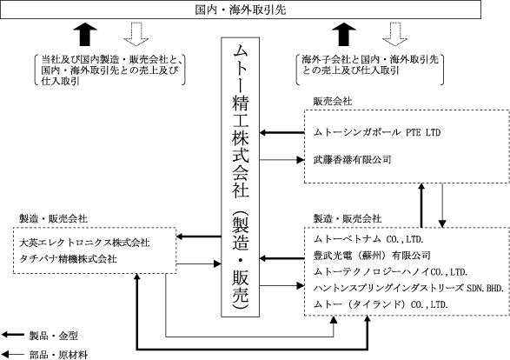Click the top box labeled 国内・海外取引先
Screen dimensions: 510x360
(x=241, y=10)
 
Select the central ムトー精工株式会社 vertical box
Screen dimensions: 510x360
(x=241, y=177)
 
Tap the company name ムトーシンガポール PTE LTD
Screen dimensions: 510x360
(x=377, y=132)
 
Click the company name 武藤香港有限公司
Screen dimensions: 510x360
(x=352, y=159)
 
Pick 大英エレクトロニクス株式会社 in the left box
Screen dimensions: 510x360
(x=84, y=243)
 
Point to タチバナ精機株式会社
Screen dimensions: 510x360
(x=68, y=259)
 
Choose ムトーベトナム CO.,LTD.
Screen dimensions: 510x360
(x=368, y=239)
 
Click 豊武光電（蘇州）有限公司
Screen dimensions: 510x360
(x=372, y=256)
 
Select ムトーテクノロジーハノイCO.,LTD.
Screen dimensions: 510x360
(x=390, y=272)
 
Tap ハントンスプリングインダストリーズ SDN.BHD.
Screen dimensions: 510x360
(x=408, y=288)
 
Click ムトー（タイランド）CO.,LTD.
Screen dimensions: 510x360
(x=381, y=304)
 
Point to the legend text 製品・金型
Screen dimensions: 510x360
(x=54, y=336)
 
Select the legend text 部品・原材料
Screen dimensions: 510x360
(x=58, y=355)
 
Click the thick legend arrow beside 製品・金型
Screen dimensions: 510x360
(x=13, y=335)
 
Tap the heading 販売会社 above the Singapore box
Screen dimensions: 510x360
(x=333, y=101)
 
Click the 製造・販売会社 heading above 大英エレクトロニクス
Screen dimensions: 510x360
(x=53, y=219)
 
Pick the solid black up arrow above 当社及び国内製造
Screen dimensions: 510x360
(x=85, y=34)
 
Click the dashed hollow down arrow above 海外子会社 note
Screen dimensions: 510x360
(x=394, y=34)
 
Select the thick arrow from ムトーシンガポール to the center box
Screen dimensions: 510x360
(x=282, y=132)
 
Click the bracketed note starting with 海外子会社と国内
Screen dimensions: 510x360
(x=370, y=70)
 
